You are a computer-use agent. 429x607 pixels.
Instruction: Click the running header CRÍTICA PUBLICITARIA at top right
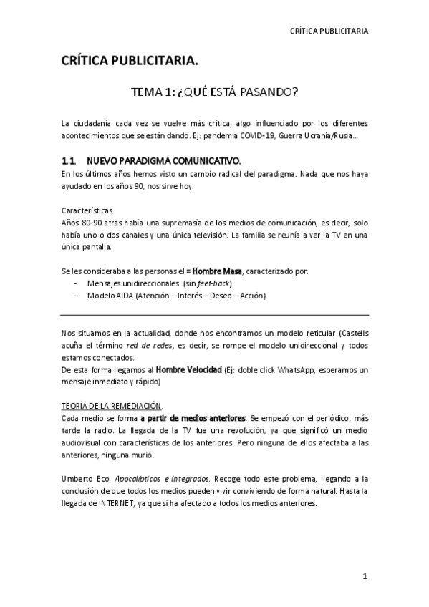329,31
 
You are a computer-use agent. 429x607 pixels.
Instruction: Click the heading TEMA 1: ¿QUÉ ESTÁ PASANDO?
214,93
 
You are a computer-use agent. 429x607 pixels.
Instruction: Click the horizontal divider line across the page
214,315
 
